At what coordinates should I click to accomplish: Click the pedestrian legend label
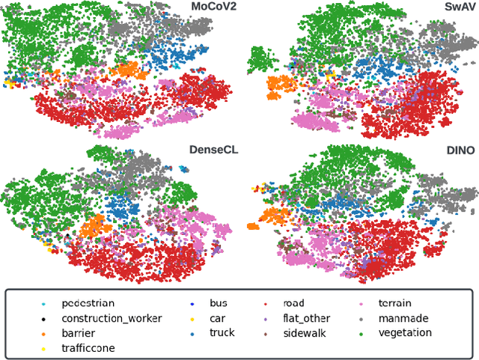pos(88,304)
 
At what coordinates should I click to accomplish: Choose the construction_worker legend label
pos(112,319)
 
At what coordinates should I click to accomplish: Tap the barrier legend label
pos(79,333)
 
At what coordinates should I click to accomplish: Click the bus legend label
pos(219,304)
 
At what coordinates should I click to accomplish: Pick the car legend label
pos(217,319)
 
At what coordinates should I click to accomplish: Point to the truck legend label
pos(222,333)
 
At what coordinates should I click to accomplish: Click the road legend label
pos(294,304)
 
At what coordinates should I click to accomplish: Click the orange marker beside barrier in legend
pos(43,334)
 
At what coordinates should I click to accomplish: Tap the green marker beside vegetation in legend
pos(361,334)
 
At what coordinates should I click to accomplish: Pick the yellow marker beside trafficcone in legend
pos(43,348)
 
